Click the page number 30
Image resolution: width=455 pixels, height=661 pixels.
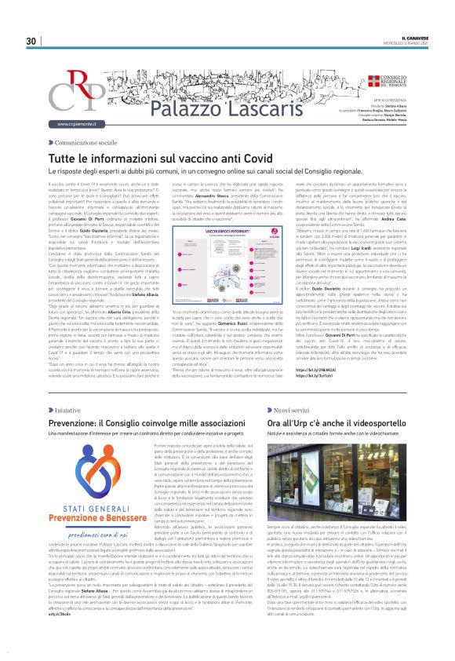(31, 41)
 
